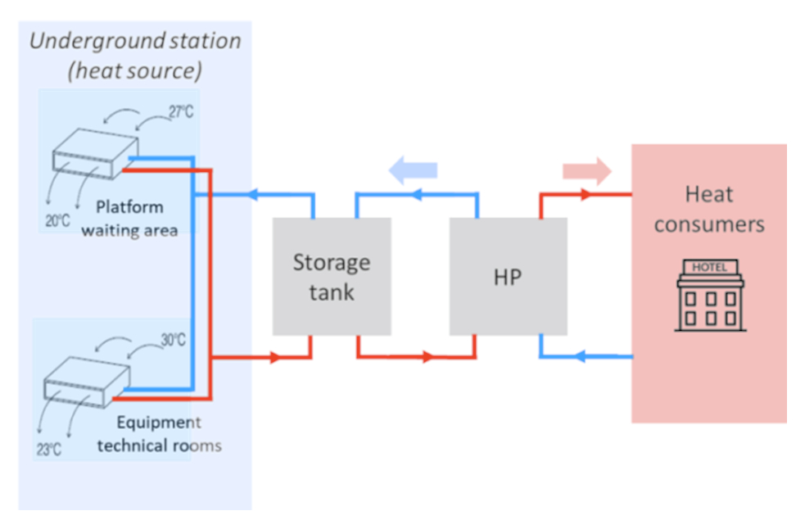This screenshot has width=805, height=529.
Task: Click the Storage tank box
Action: point(331,276)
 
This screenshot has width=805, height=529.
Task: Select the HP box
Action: point(508,276)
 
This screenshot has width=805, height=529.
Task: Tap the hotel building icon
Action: point(709,296)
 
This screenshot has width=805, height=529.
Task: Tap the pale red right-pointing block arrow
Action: point(587,170)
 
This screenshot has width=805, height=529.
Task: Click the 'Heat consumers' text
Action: point(708,209)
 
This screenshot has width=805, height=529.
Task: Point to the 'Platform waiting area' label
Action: point(129,218)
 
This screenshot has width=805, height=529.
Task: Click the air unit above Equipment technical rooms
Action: point(87,383)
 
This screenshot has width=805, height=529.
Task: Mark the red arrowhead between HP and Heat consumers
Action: point(586,195)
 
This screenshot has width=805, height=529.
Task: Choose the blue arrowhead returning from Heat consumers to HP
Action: point(579,357)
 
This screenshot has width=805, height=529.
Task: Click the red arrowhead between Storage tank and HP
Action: point(427,357)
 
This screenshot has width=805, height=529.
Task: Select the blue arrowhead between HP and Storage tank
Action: point(414,195)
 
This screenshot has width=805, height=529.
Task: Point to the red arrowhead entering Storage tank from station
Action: point(275,357)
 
